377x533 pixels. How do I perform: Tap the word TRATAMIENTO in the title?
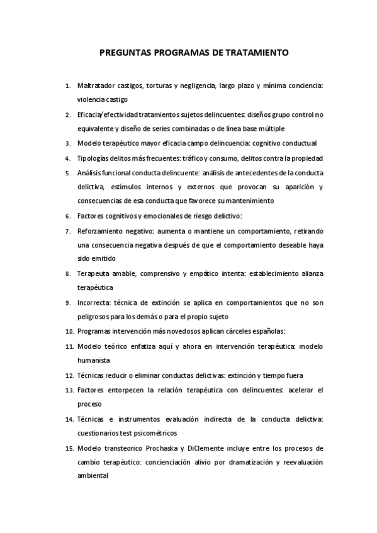258,53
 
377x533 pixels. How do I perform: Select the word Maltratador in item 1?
95,85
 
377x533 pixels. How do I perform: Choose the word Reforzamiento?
101,230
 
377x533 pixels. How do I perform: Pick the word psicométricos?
152,433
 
